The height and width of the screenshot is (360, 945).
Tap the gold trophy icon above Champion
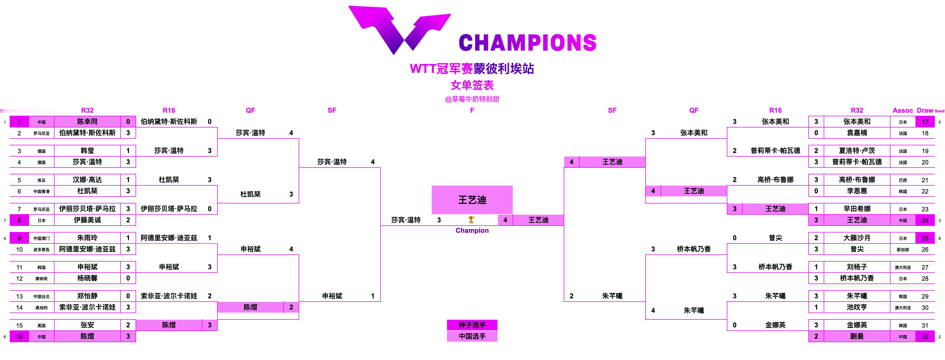click(x=471, y=220)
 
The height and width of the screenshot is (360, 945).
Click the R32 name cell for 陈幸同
click(x=87, y=121)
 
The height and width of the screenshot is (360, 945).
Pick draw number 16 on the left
click(x=19, y=337)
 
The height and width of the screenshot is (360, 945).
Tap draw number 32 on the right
click(x=925, y=337)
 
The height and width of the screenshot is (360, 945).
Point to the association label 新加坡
click(x=903, y=250)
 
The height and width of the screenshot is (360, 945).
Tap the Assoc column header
click(x=902, y=110)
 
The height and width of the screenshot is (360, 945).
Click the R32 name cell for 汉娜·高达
click(x=87, y=180)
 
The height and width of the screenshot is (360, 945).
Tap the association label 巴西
click(x=903, y=180)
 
